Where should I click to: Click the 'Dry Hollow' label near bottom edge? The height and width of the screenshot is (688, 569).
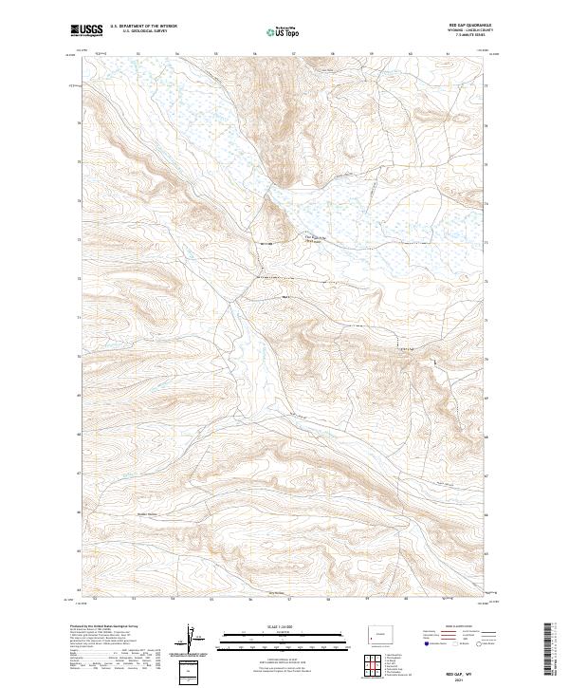click(x=276, y=594)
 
